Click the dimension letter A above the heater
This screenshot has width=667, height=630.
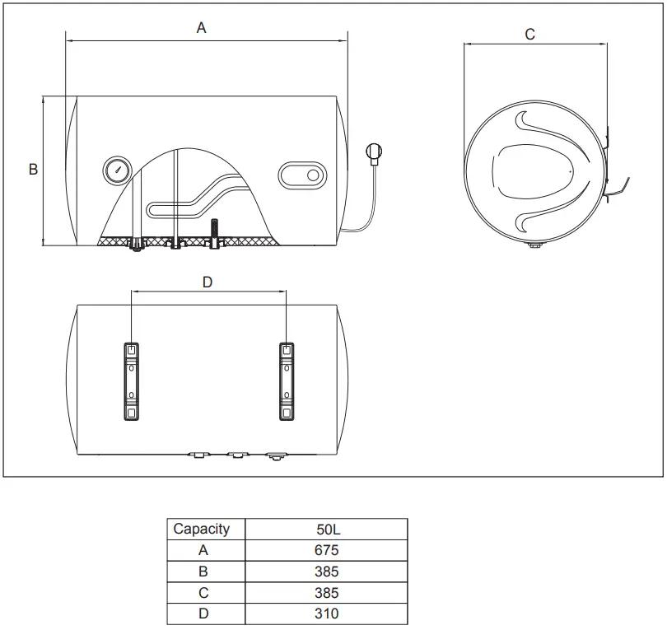[x=201, y=28]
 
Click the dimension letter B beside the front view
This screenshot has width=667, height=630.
[x=33, y=170]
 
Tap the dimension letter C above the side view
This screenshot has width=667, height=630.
[x=529, y=34]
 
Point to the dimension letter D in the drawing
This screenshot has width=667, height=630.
[x=208, y=282]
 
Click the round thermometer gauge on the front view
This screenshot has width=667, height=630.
[x=116, y=170]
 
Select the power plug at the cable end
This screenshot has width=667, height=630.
[x=375, y=152]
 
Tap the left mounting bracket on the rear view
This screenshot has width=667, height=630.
[x=131, y=381]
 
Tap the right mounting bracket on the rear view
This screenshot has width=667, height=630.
[x=286, y=381]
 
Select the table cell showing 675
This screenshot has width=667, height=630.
[x=326, y=550]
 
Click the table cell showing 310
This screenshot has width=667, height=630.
[x=326, y=614]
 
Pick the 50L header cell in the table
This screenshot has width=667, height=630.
[x=326, y=529]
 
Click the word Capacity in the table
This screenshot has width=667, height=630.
[x=202, y=529]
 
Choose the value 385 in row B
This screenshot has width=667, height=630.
[x=326, y=572]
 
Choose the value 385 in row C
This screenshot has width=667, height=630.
[x=326, y=593]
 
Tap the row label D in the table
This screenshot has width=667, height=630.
[x=203, y=614]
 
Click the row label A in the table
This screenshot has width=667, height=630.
[x=203, y=550]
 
